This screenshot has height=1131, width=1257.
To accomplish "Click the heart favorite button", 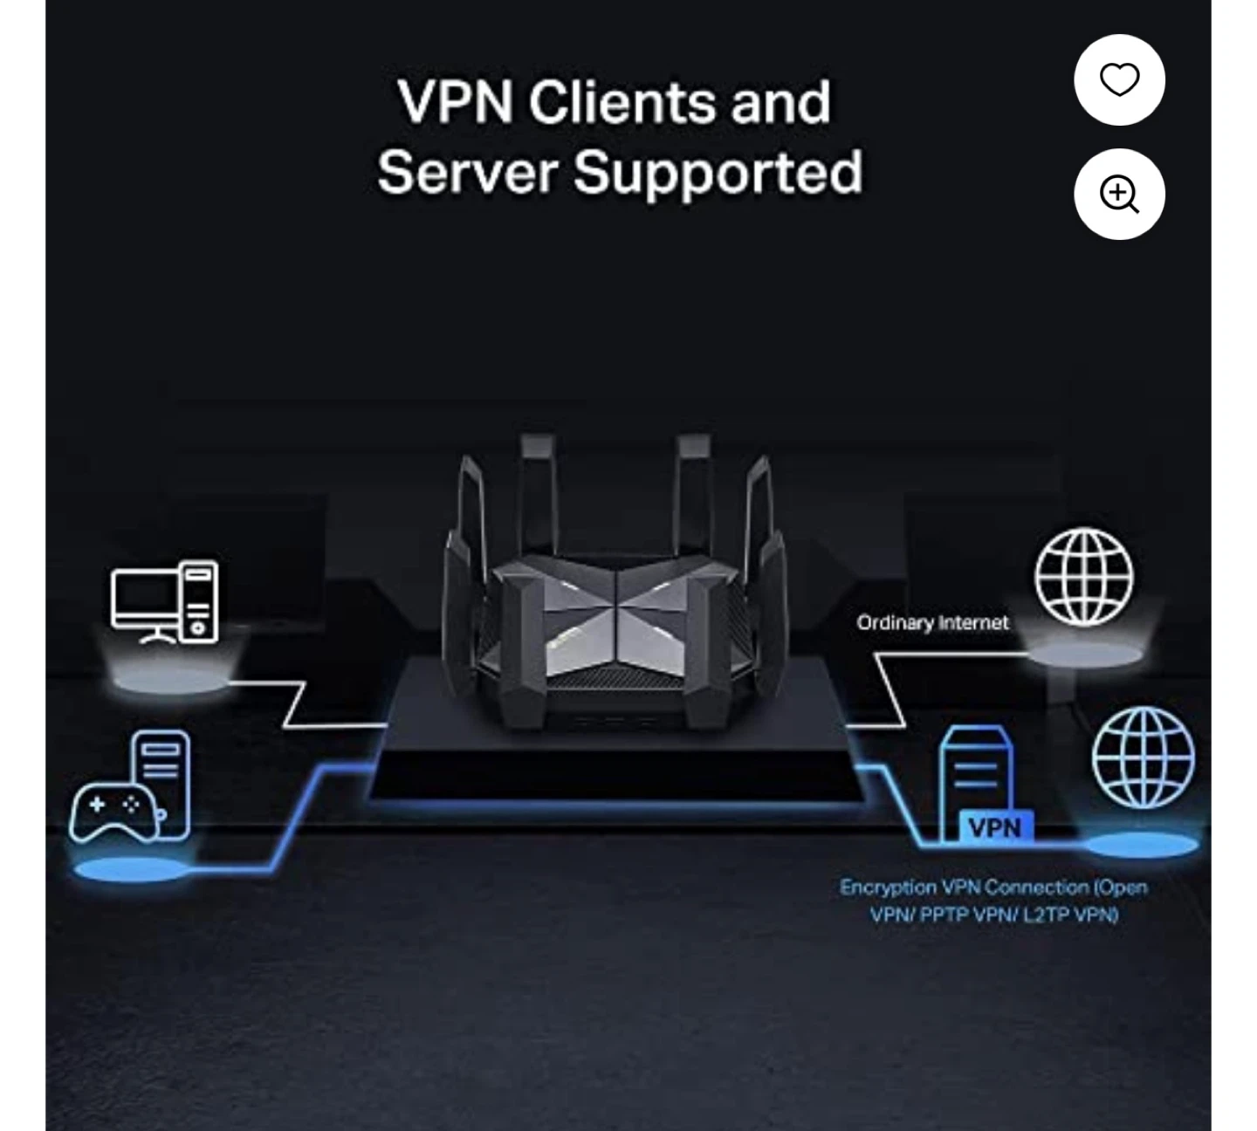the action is tap(1119, 80).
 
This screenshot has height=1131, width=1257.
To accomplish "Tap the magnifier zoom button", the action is tap(1119, 195).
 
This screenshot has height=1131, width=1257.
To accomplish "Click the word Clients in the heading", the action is tap(621, 102).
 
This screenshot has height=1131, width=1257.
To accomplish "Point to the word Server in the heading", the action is tap(468, 172).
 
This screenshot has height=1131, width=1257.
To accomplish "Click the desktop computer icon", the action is tap(165, 602).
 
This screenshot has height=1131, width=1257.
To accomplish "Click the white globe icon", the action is tap(1084, 577).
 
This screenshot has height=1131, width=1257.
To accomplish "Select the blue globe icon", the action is tap(1144, 757).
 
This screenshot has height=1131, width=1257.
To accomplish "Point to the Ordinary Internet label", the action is tap(932, 623).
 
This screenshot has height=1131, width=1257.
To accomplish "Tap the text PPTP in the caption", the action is tap(944, 915).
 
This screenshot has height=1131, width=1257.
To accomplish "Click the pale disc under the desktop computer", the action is tap(172, 681).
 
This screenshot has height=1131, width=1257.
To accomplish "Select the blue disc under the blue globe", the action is tap(1142, 845).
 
